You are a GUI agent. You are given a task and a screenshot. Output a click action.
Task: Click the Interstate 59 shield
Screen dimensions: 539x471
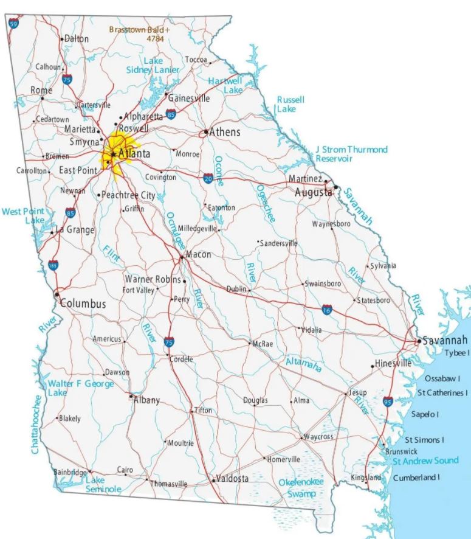pos(13,24)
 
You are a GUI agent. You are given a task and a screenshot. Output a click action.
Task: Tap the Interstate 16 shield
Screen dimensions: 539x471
pos(328,310)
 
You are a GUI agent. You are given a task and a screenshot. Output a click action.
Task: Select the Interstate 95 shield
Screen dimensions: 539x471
pos(388,401)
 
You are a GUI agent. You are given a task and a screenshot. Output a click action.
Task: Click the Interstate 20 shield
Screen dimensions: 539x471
pos(208,179)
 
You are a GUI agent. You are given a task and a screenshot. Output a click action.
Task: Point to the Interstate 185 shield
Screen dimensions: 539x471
pos(53,265)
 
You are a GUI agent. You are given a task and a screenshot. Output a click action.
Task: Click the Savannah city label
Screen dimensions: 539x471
pos(445,340)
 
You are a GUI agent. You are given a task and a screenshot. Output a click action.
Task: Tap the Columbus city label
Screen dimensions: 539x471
pos(83,303)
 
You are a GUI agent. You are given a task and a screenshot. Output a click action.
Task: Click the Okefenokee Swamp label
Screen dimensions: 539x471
pos(301,488)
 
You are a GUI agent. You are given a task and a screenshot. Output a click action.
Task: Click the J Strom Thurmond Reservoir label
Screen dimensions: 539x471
pos(351,154)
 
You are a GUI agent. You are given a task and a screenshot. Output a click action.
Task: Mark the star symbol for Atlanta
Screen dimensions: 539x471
pos(113,154)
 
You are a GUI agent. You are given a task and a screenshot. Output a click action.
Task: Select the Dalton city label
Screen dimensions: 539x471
pos(77,38)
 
